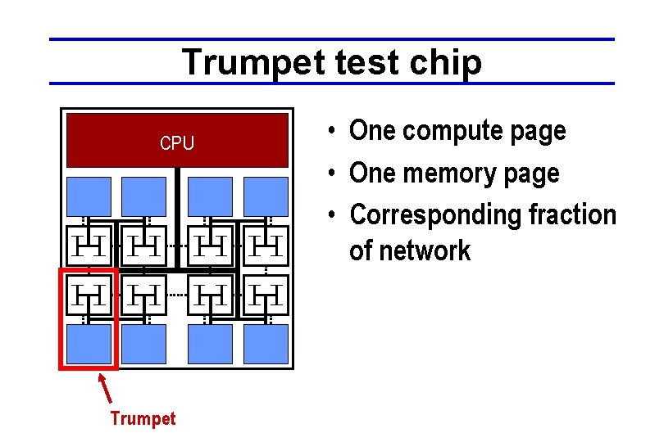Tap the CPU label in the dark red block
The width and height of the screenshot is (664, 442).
(177, 143)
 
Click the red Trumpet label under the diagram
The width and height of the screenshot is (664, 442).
(143, 419)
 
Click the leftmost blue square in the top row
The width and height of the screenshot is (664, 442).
(89, 196)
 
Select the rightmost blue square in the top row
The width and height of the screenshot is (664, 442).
(266, 196)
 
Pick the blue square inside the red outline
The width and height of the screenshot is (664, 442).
(89, 344)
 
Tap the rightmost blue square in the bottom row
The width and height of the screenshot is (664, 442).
(266, 344)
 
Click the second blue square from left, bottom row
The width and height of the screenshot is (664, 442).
(144, 344)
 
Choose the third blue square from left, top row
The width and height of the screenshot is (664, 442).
(210, 196)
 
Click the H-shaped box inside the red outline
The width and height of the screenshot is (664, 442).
(88, 295)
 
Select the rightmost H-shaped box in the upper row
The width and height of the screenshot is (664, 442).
(266, 244)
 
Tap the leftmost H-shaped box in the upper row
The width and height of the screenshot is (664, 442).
(88, 244)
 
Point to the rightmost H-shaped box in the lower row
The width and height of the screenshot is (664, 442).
(266, 295)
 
